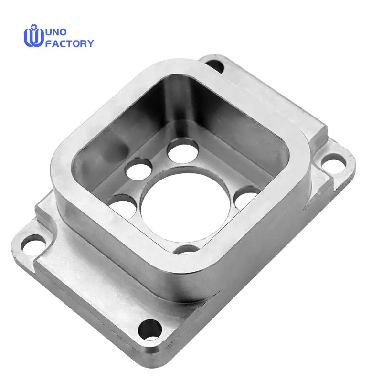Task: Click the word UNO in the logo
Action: pyautogui.click(x=56, y=32)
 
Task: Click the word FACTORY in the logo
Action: pyautogui.click(x=69, y=43)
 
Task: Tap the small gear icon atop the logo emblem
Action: pyautogui.click(x=33, y=26)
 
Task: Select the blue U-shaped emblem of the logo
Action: pyautogui.click(x=34, y=37)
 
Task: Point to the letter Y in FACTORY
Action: pyautogui.click(x=90, y=43)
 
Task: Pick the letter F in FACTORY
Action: pyautogui.click(x=48, y=43)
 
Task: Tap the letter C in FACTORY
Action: pyautogui.click(x=63, y=43)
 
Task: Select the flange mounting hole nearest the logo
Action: pyautogui.click(x=214, y=65)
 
